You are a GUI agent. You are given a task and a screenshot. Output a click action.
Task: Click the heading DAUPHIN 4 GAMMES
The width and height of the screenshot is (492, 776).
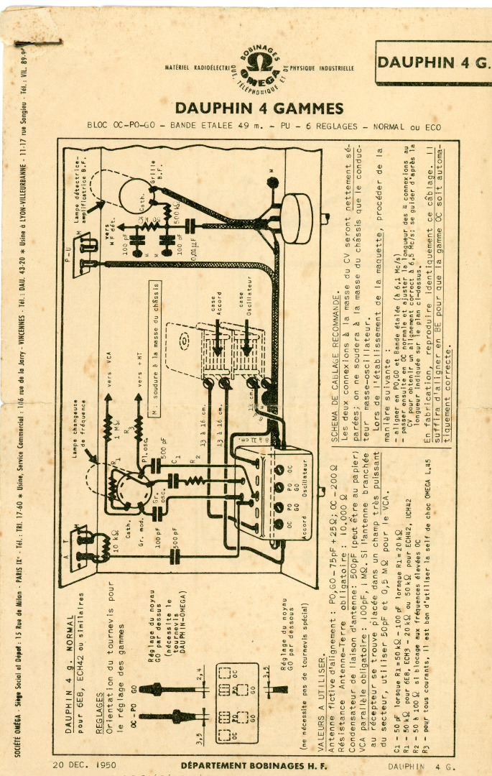259,108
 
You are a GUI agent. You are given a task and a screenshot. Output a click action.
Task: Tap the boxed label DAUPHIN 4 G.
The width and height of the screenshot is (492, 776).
433,62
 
